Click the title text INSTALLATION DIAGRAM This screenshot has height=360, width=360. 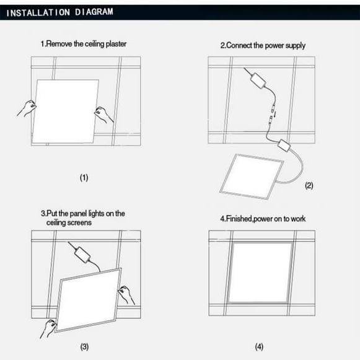pos(59,12)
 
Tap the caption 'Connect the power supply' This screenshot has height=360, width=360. pos(263,45)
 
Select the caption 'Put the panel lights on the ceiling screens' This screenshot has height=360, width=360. pos(82,217)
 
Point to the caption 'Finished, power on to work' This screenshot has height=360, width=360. pos(263,219)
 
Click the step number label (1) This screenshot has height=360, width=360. pos(84,178)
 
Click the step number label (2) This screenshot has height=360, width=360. pos(309,185)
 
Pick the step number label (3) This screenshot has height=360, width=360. pos(85,346)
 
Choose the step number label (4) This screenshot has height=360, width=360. pos(260,346)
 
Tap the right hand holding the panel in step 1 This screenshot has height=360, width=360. pos(103,114)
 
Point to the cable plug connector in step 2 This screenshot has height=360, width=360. pos(271,113)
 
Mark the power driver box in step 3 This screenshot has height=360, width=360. pos(81,253)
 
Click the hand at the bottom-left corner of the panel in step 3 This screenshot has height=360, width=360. pos(48,327)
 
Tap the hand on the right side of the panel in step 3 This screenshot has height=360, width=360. pos(126,294)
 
